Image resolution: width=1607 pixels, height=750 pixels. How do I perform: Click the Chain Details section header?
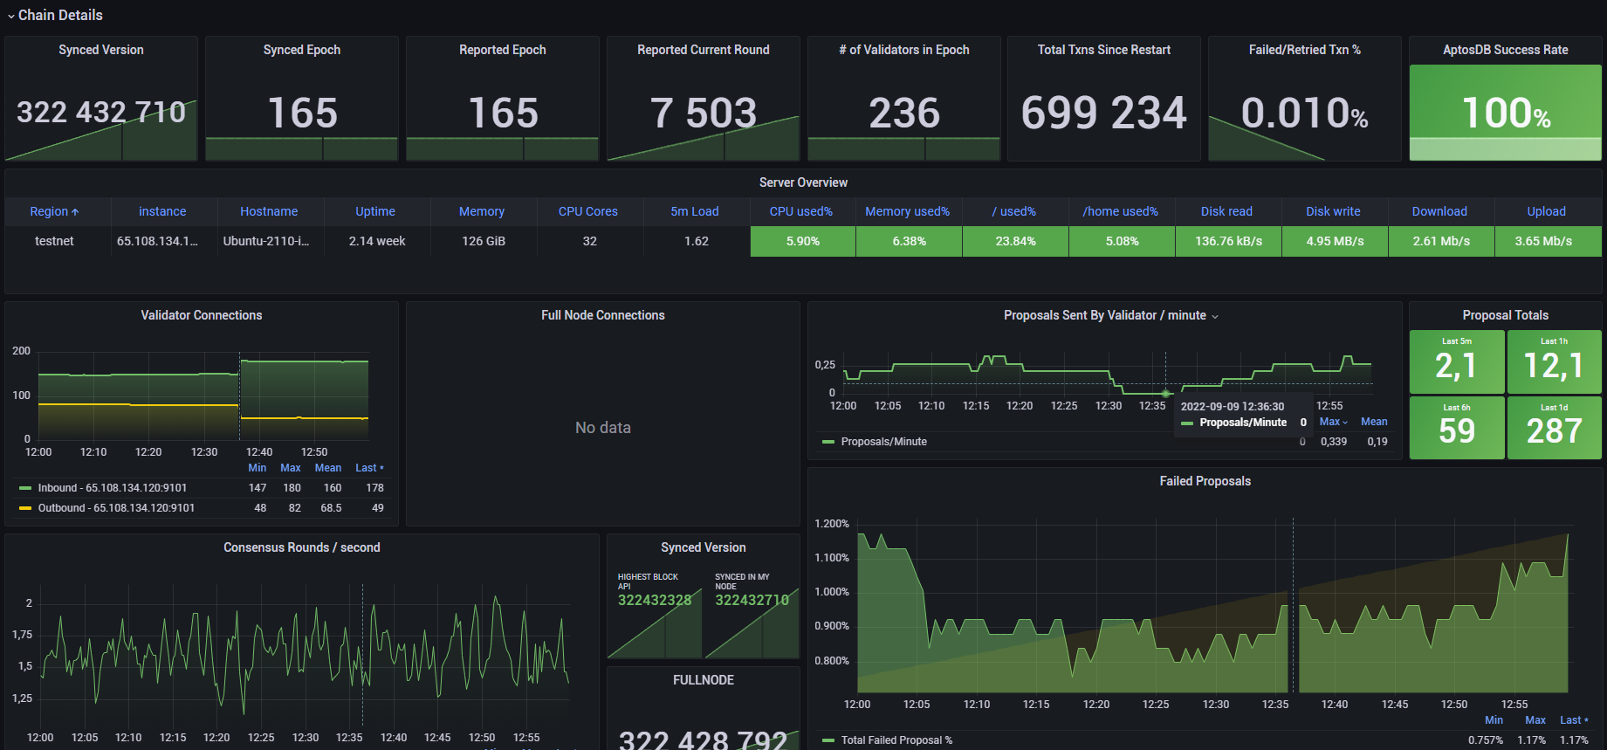coord(59,15)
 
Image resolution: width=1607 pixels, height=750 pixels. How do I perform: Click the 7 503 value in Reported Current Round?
coord(703,114)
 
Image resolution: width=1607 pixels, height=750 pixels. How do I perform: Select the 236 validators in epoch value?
coord(903,114)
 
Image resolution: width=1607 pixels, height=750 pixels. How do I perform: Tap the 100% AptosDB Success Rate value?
coord(1506,114)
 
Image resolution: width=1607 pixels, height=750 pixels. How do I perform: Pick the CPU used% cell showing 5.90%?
coord(802,241)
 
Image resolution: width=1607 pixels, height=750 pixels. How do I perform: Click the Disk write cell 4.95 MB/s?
coord(1335,241)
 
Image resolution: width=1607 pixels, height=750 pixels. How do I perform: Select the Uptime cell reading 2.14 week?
coord(377,241)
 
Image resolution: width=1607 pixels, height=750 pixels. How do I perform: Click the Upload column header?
coord(1546,211)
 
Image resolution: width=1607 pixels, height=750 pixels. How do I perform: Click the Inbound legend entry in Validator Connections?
coord(112,488)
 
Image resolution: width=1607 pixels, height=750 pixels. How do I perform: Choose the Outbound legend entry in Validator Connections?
coord(116,508)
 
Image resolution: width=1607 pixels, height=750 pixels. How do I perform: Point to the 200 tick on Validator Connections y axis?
coord(21,351)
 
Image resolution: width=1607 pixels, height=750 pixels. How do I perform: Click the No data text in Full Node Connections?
coord(602,428)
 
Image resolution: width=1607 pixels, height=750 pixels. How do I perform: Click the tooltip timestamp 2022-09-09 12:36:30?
coord(1232,407)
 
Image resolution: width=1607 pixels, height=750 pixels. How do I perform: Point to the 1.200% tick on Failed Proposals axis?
coord(831,524)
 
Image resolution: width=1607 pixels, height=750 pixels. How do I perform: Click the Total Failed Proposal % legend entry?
coord(896,740)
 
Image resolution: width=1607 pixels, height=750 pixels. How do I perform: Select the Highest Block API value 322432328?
coord(654,600)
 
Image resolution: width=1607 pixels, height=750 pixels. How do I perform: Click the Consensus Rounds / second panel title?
coord(301,547)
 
